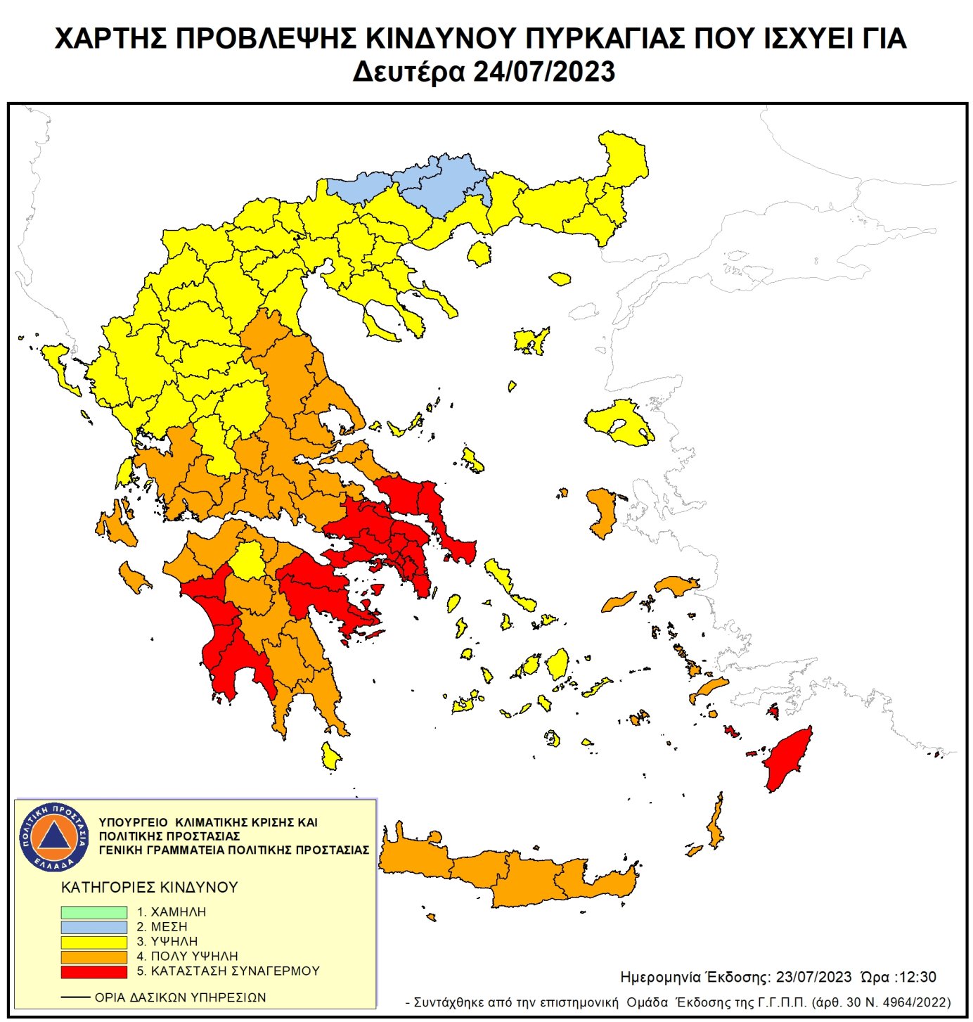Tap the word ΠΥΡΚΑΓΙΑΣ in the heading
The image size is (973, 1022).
pyautogui.click(x=588, y=39)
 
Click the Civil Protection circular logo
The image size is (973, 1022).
pyautogui.click(x=54, y=836)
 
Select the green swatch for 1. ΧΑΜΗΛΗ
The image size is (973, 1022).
pyautogui.click(x=94, y=912)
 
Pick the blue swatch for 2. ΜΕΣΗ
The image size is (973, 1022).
pyautogui.click(x=94, y=926)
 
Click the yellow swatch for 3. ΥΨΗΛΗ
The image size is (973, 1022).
pyautogui.click(x=94, y=941)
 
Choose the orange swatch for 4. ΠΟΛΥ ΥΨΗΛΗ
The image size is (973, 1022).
pyautogui.click(x=94, y=957)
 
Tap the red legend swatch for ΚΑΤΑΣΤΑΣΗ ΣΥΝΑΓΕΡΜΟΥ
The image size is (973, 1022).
pyautogui.click(x=94, y=971)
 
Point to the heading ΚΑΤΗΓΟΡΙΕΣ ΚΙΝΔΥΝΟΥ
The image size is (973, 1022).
pyautogui.click(x=150, y=887)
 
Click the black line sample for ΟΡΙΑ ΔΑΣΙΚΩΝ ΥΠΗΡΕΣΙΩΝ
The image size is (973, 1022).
pyautogui.click(x=75, y=997)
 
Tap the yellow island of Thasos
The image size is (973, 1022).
pyautogui.click(x=480, y=253)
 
